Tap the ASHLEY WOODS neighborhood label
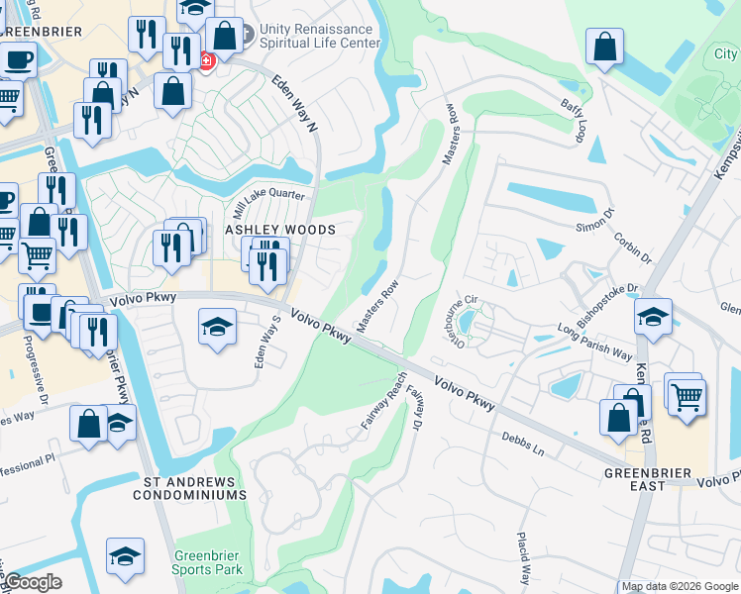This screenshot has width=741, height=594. (x=280, y=230)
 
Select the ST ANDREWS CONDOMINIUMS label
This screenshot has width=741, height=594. (x=194, y=488)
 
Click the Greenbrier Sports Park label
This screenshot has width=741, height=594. (x=208, y=562)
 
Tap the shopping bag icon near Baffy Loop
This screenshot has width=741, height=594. (x=604, y=47)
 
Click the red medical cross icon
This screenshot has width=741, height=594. (x=206, y=61)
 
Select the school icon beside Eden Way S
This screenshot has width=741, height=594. (x=217, y=326)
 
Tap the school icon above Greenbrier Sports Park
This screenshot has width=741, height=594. (x=126, y=554)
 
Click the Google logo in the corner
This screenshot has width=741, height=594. (x=32, y=582)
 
